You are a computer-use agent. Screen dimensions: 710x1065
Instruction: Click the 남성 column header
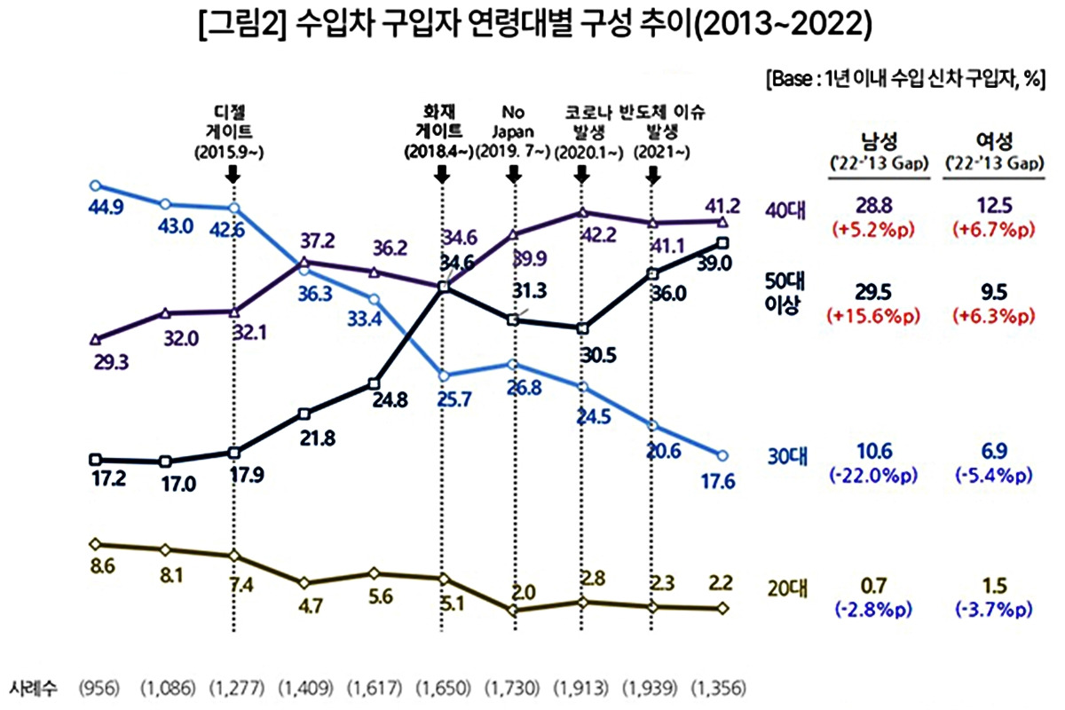(x=873, y=141)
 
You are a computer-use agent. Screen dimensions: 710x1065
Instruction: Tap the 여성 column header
(x=989, y=141)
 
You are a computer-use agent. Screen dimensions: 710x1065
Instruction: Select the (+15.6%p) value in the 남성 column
(x=873, y=317)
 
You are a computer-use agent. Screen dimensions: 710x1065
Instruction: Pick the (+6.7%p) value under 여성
(x=989, y=230)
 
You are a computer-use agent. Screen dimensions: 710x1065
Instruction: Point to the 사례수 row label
(x=33, y=688)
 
